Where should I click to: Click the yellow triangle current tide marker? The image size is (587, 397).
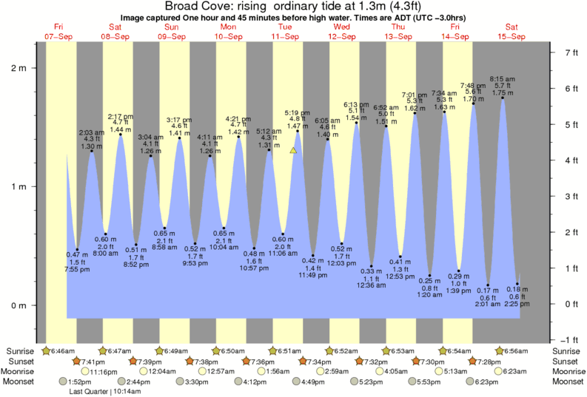click(x=293, y=150)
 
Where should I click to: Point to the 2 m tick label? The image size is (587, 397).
click(x=17, y=68)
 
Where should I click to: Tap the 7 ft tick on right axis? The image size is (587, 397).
click(x=571, y=52)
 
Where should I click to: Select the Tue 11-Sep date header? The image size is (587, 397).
click(x=286, y=31)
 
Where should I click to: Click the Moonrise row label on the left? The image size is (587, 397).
click(x=21, y=371)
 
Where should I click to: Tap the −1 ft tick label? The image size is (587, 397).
click(x=570, y=340)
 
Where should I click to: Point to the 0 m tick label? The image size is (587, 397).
click(x=17, y=305)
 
